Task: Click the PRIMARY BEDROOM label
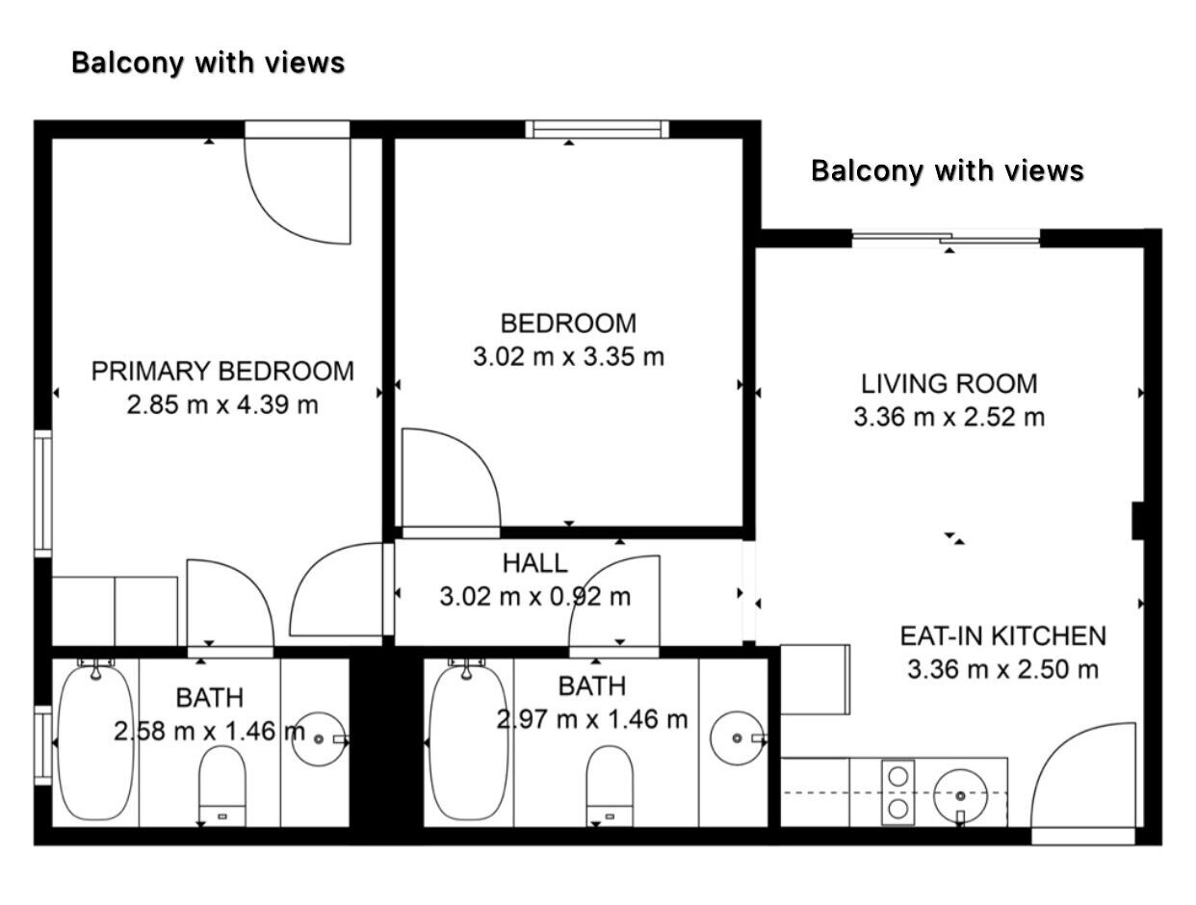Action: pos(222,372)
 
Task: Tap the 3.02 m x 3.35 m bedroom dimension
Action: pos(568,356)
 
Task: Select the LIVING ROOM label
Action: pos(949,384)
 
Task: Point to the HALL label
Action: pos(535,563)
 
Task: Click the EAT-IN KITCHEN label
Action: pos(1002,636)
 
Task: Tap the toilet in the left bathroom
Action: pos(221,786)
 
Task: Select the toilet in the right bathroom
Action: pos(610,786)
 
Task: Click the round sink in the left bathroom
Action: pos(320,738)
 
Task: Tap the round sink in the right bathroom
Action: pos(738,738)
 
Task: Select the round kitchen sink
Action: pos(960,795)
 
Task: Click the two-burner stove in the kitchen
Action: pos(897,792)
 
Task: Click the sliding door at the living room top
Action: pos(946,239)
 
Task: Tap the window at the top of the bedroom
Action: pos(597,129)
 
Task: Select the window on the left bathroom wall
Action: pos(43,745)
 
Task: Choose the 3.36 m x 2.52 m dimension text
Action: pos(949,417)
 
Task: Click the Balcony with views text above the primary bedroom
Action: pos(208,63)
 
